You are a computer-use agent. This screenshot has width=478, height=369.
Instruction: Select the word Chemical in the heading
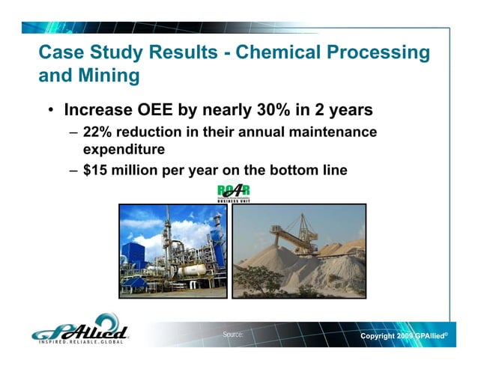[x=265, y=53]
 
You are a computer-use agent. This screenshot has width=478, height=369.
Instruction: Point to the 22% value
[x=97, y=132]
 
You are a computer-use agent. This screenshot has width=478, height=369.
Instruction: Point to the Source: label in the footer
[x=233, y=335]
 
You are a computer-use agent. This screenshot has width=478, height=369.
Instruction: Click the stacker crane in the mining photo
[x=315, y=228]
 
